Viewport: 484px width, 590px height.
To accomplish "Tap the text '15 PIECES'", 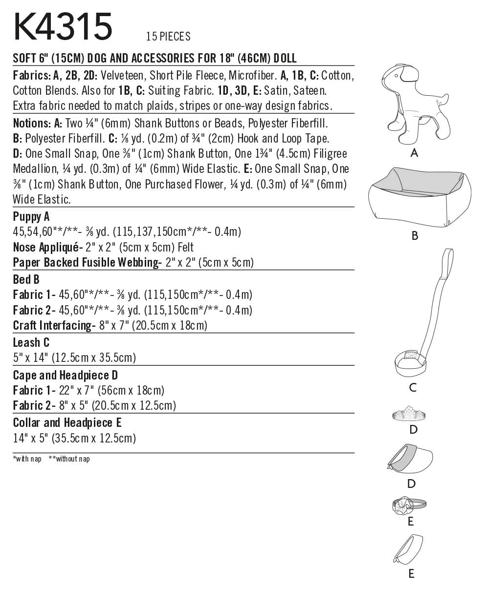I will [x=168, y=37].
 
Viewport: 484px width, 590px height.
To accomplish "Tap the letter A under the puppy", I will [x=415, y=153].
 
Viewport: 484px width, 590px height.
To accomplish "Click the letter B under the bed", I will [x=415, y=236].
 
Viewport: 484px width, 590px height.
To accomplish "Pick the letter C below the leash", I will [x=413, y=388].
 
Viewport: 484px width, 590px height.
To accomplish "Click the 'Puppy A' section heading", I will [x=31, y=217].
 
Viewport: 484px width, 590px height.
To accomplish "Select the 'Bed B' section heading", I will [x=26, y=280].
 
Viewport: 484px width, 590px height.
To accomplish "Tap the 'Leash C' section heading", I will [x=31, y=343].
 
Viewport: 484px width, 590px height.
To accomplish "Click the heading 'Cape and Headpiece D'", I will [x=66, y=376].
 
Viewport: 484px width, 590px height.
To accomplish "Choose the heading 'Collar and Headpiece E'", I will [x=67, y=422].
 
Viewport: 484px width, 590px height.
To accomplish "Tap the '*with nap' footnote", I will [x=27, y=459].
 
